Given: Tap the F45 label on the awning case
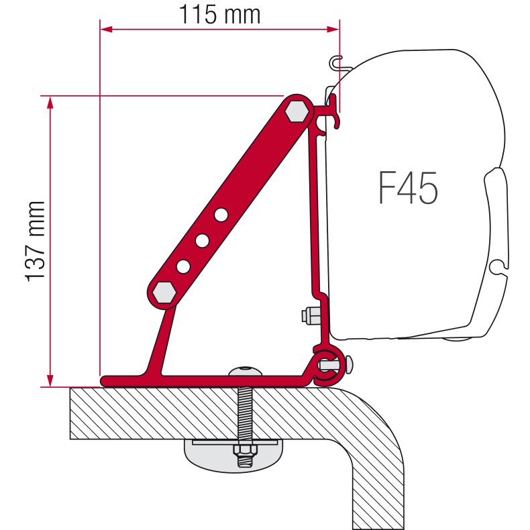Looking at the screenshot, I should click(x=408, y=189).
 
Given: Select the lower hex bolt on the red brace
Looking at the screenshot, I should click(x=162, y=292).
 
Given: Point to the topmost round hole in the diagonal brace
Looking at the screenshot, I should click(x=219, y=215).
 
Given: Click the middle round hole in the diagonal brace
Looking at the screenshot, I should click(x=201, y=240).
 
